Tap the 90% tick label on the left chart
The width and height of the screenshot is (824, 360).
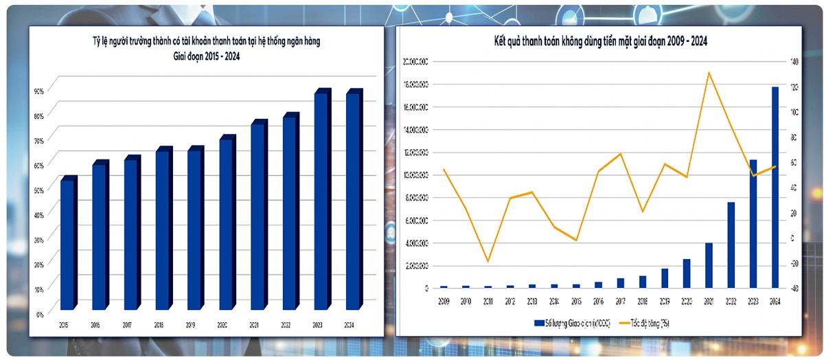coord(38,91)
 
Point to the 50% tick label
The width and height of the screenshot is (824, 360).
coord(38,190)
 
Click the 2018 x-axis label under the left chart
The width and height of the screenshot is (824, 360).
coord(159,325)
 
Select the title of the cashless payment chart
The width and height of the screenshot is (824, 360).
coord(601,42)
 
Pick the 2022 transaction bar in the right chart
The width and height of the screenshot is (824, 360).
coord(731,245)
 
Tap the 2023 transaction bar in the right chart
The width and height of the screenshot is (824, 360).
coord(753,223)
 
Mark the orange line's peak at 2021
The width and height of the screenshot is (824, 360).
coord(709,72)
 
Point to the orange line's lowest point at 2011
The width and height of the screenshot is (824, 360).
coord(488,262)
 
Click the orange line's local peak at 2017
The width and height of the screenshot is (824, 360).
coord(621,154)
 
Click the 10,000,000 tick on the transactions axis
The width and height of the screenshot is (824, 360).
coord(416,175)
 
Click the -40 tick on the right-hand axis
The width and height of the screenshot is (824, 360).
coord(794,288)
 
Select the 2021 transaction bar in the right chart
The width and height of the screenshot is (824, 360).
coord(709,265)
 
